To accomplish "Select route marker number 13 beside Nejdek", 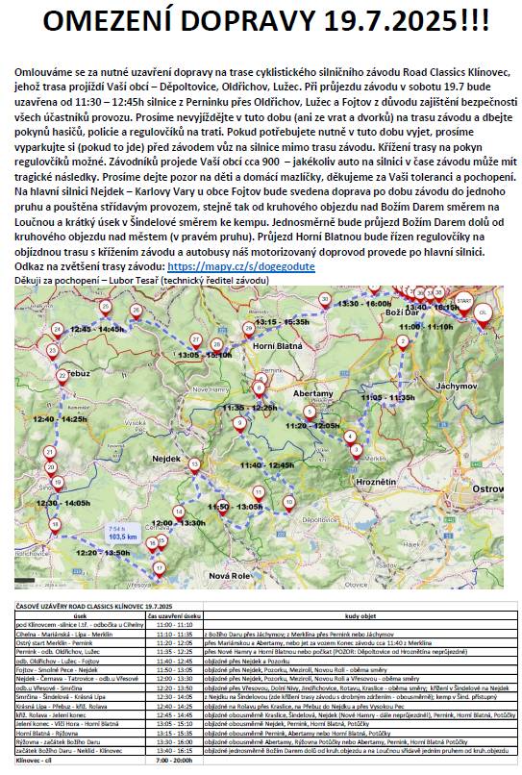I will tap(194, 464).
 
